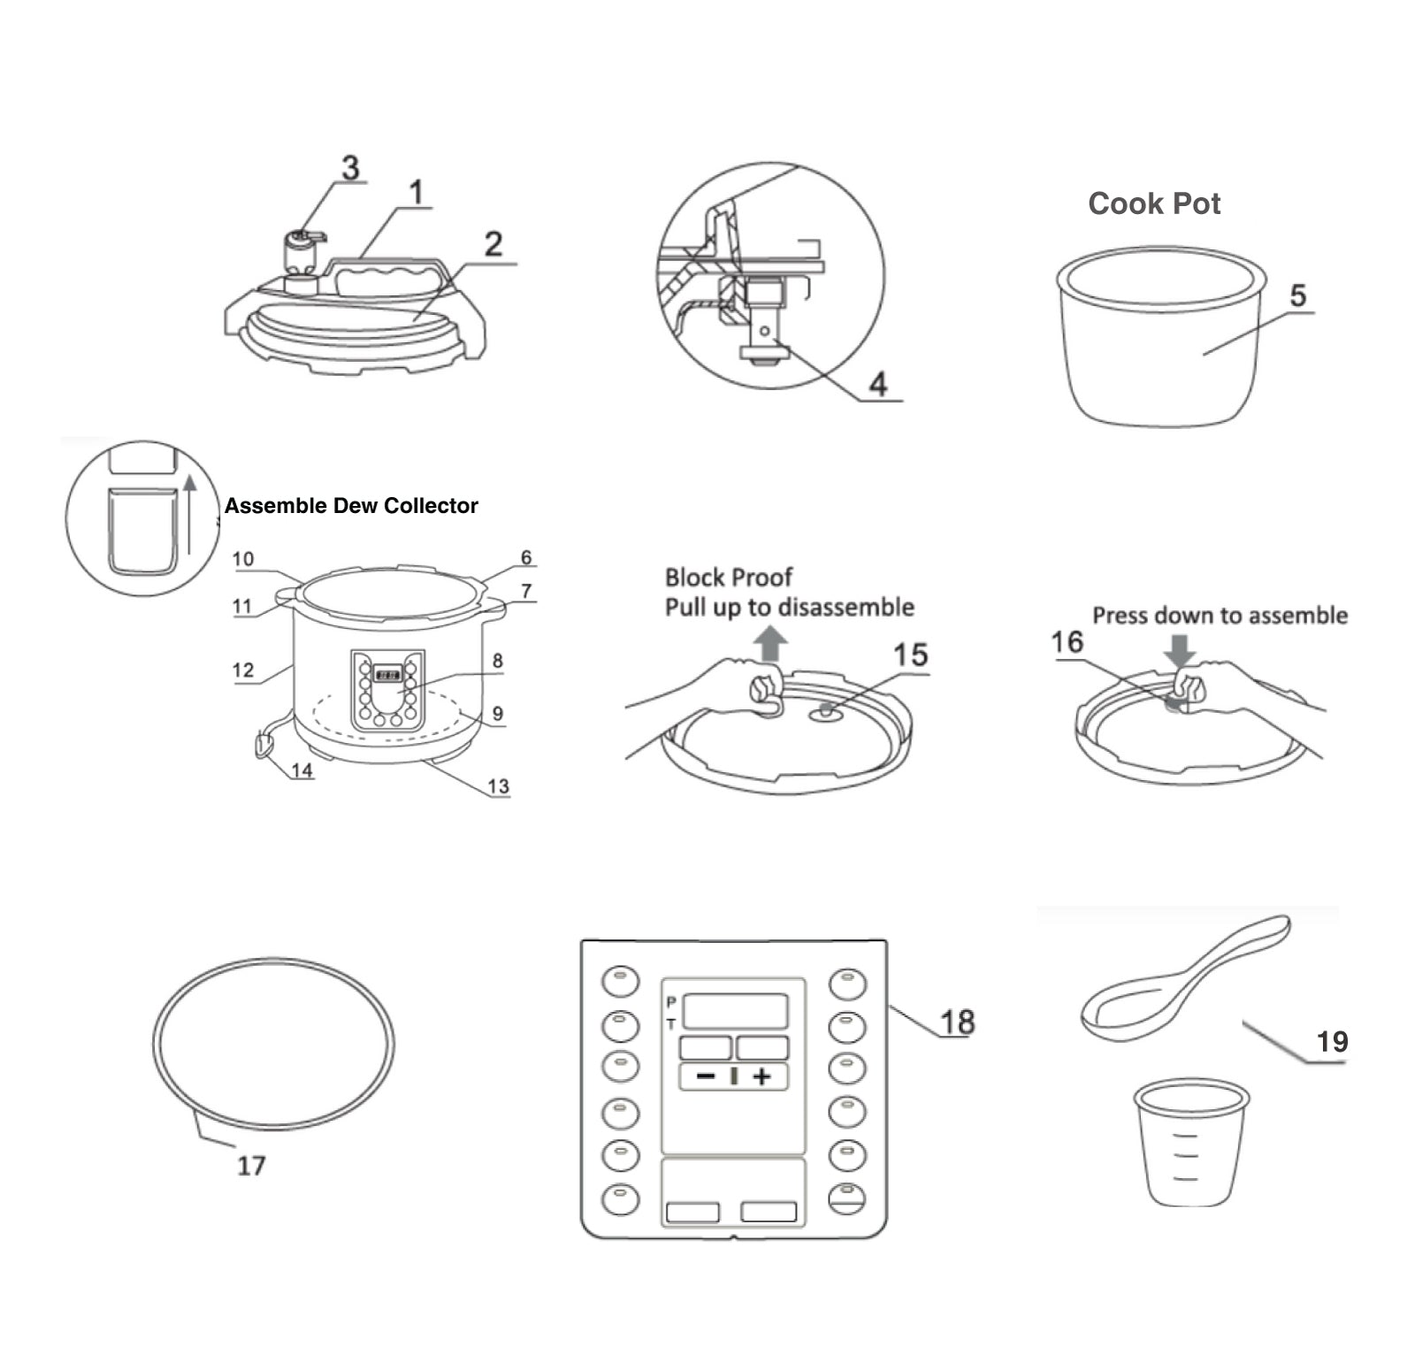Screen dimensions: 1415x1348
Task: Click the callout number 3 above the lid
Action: [x=351, y=167]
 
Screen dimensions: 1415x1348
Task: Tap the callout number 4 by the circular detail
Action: [x=877, y=384]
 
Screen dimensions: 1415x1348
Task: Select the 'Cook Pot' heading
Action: [x=1154, y=203]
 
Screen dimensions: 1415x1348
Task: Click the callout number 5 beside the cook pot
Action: [x=1297, y=295]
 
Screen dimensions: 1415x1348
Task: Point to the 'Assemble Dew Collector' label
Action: [x=351, y=506]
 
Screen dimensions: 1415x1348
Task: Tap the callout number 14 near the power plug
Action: [x=302, y=770]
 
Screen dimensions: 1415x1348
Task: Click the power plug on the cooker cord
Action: [x=263, y=746]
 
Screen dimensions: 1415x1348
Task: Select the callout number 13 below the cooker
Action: [x=498, y=786]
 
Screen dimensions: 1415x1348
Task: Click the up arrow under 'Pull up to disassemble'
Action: [x=771, y=643]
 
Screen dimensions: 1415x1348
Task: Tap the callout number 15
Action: [x=910, y=655]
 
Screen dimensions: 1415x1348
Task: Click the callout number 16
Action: [x=1067, y=641]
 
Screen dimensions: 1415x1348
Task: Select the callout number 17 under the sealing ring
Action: [x=251, y=1166]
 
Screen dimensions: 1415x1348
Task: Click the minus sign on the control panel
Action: [x=706, y=1076]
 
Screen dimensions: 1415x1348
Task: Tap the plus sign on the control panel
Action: [x=761, y=1076]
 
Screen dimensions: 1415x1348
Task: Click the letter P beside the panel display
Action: [x=671, y=1002]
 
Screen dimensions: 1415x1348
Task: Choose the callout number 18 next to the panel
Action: [x=957, y=1022]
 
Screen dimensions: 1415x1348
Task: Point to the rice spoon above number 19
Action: [x=1185, y=977]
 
